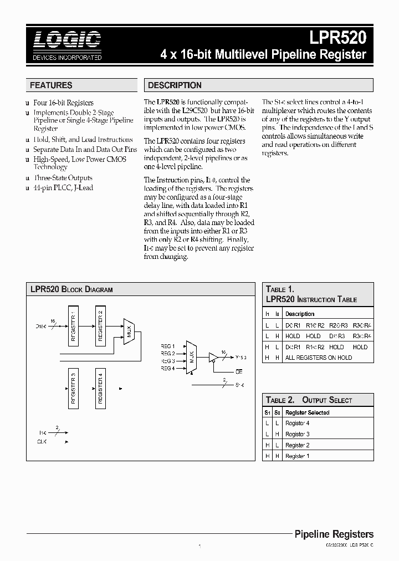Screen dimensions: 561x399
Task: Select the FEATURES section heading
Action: pos(51,85)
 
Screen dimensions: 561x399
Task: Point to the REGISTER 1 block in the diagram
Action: pos(74,325)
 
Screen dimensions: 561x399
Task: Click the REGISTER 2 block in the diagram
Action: pos(100,325)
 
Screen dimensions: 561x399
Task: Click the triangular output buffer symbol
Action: pos(213,358)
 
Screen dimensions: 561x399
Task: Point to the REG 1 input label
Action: pos(168,346)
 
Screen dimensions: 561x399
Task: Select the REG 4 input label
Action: pos(168,368)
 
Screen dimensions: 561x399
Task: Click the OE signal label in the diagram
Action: pos(239,371)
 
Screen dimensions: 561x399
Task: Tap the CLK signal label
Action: pos(42,442)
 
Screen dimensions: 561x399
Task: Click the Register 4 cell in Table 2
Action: pos(297,423)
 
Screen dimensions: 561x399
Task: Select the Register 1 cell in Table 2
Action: pos(297,456)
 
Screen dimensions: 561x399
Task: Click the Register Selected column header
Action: pos(307,412)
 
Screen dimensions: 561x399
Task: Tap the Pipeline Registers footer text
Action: pos(334,534)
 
